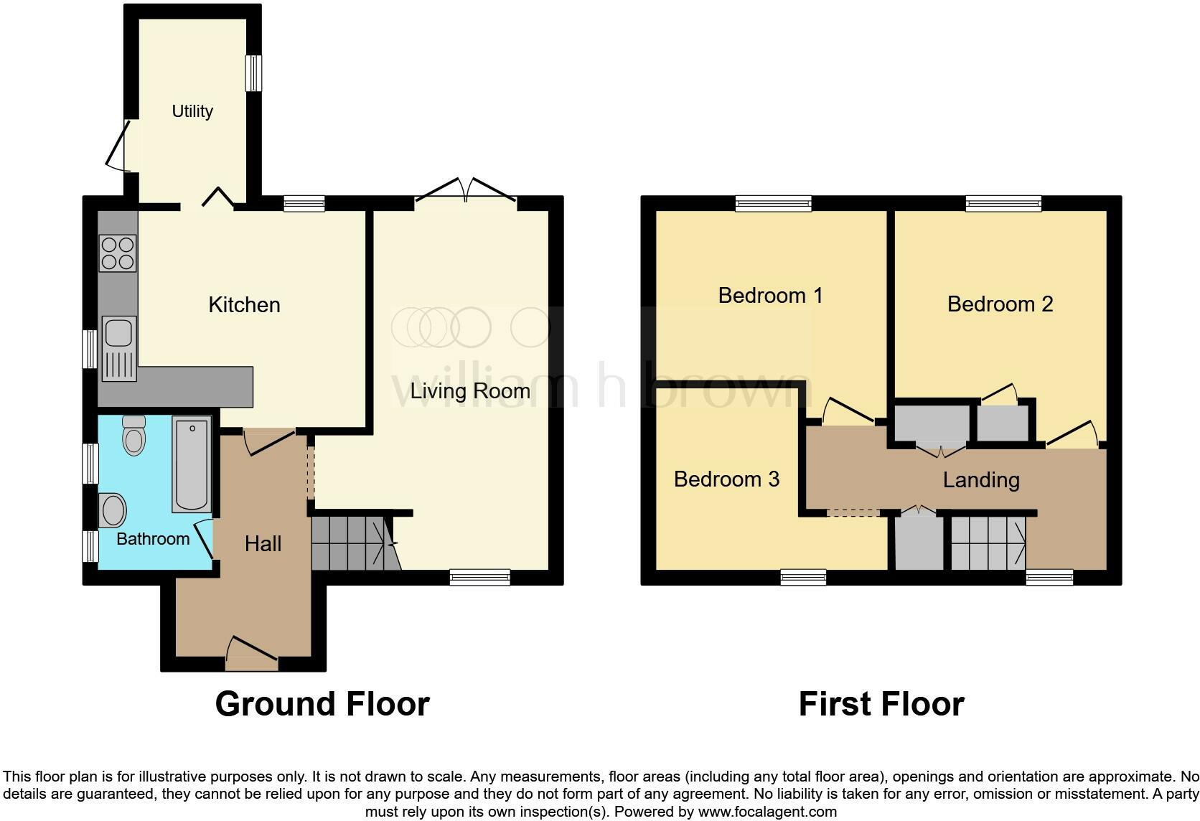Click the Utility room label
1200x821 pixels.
(x=192, y=111)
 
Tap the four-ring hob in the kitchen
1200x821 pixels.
(x=118, y=253)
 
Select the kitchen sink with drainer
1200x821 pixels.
(x=119, y=349)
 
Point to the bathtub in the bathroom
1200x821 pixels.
(x=192, y=464)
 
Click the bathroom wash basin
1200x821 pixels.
(x=113, y=510)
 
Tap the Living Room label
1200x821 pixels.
(x=470, y=391)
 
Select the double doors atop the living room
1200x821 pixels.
(x=466, y=191)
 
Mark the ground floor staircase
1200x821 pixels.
(x=352, y=543)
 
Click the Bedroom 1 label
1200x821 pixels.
(x=770, y=296)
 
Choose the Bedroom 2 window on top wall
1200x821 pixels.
(x=1003, y=204)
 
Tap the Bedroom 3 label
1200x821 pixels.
(x=726, y=479)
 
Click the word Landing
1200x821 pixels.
(x=981, y=480)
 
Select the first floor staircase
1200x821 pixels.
(x=988, y=543)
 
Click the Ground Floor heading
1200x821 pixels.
(x=322, y=704)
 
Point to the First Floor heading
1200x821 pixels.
(x=881, y=704)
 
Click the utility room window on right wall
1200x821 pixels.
(x=253, y=74)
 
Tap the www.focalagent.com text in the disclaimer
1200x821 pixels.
(x=767, y=812)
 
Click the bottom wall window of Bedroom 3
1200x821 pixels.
(x=803, y=576)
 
